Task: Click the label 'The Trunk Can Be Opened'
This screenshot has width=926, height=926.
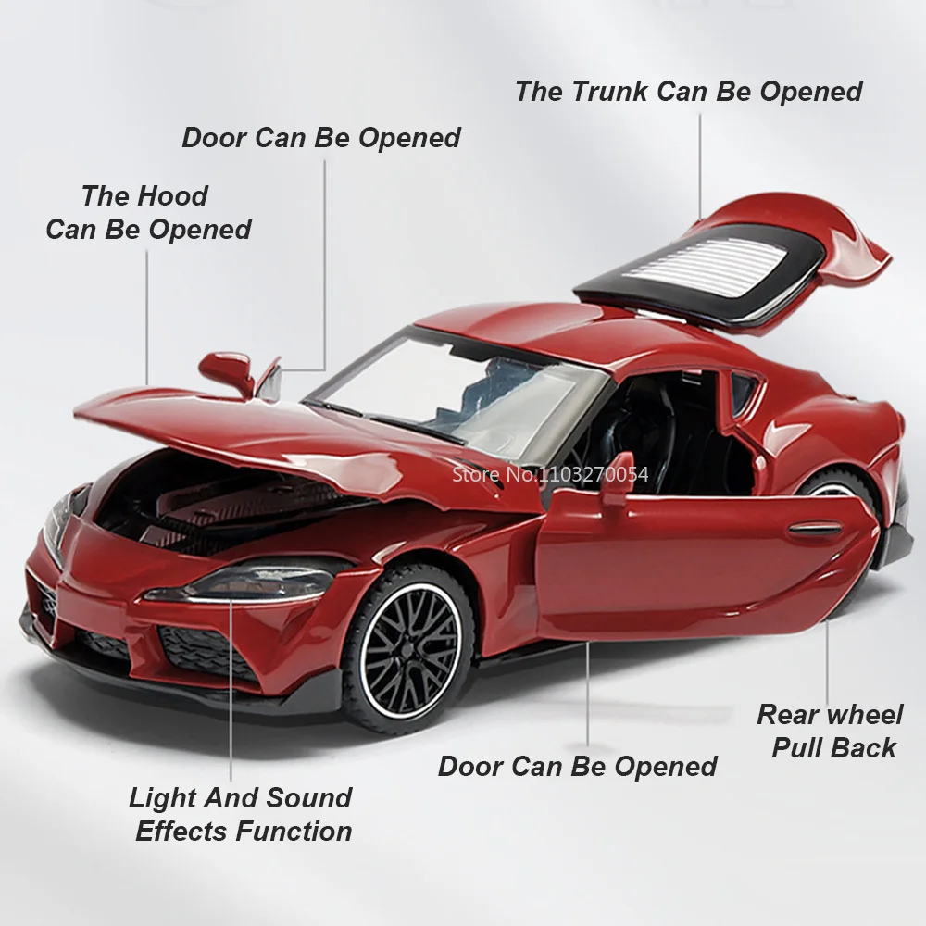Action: [x=688, y=92]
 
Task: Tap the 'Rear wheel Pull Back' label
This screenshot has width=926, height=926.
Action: [x=830, y=731]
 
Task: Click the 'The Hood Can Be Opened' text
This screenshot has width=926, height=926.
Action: [x=147, y=212]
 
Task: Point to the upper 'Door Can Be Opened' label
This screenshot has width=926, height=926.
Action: [x=320, y=138]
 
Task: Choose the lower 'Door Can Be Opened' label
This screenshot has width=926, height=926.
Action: [x=577, y=766]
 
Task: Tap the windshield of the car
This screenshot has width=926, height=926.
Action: [x=454, y=384]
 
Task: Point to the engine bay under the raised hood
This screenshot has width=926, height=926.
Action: [x=222, y=505]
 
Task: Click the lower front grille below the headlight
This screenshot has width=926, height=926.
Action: [x=204, y=648]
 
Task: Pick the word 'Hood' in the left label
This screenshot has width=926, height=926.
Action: [x=173, y=195]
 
